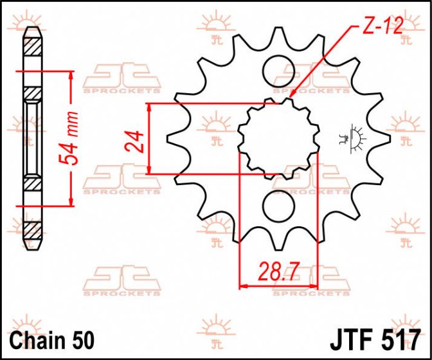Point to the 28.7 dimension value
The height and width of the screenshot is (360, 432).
[279, 272]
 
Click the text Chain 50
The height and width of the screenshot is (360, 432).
[53, 338]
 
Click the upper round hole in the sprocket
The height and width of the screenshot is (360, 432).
[278, 69]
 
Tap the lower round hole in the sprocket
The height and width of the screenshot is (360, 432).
[278, 207]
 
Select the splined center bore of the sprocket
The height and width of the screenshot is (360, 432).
[278, 138]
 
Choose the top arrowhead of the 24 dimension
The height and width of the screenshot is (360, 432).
[150, 107]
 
